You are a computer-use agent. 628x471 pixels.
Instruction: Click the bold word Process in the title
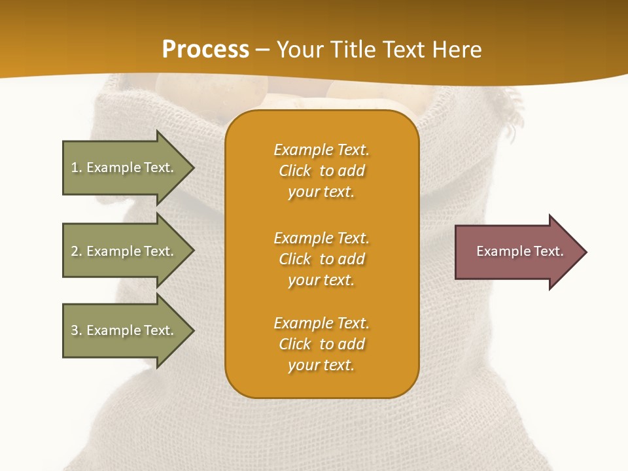[205, 50]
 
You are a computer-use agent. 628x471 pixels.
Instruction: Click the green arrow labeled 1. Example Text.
[124, 167]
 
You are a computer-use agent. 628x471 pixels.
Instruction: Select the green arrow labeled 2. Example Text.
[124, 251]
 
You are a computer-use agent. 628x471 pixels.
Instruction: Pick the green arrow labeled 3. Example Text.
[124, 330]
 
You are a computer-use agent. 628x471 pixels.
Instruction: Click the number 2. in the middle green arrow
[77, 251]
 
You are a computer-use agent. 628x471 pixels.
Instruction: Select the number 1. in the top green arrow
[77, 167]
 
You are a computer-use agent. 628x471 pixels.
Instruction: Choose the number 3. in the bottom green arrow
[77, 330]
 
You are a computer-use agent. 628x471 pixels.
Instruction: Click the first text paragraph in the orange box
[321, 171]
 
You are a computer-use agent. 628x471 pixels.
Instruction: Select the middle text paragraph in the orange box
[321, 259]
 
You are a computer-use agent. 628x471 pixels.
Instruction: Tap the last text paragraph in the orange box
[321, 344]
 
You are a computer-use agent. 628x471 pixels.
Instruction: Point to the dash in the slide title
[262, 50]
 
